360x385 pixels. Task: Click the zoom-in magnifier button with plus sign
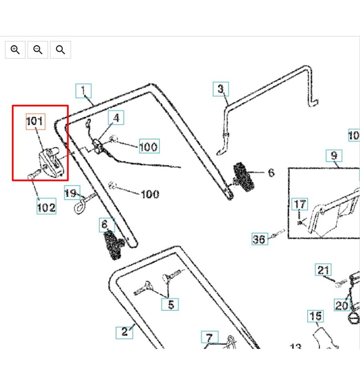coord(15,50)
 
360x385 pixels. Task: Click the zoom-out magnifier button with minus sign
coord(38,50)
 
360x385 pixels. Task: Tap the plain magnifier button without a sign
coord(60,50)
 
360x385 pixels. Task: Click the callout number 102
coord(46,207)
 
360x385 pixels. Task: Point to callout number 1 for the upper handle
coord(84,91)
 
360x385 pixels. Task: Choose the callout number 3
coord(221,89)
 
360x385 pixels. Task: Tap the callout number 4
coord(116,118)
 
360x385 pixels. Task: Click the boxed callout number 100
coord(149,146)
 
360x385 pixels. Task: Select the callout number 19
coord(72,193)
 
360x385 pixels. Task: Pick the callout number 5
coord(170,304)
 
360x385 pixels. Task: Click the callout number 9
coord(334,155)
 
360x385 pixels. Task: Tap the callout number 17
coord(300,204)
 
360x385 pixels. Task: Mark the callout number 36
coord(260,239)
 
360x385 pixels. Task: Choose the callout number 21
coord(323,270)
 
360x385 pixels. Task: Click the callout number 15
coord(315,316)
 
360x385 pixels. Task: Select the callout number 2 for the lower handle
coord(124,331)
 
